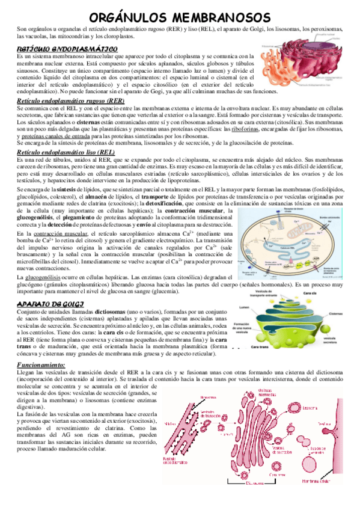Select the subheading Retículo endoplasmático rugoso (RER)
[79, 100]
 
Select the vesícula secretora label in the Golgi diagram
[333, 339]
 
